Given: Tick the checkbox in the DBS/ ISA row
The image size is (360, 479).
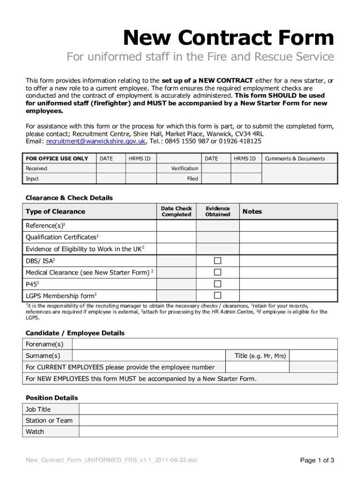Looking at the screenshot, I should [x=217, y=261].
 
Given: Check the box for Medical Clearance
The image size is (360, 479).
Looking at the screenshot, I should [x=217, y=272].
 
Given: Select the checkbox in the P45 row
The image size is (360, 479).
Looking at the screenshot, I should [x=217, y=283].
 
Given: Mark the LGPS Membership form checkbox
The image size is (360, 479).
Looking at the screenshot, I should [x=217, y=295].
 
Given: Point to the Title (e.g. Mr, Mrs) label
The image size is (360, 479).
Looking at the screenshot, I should [x=260, y=356].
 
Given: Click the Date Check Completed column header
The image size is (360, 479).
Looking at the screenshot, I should [x=176, y=211].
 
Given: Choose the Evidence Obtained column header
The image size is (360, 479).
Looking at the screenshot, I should [x=218, y=211].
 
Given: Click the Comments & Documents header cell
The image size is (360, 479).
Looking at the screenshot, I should [x=295, y=159].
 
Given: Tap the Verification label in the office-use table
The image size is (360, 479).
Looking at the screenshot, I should [x=184, y=168].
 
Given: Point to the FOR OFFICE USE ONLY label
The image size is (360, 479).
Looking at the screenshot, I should [x=57, y=159].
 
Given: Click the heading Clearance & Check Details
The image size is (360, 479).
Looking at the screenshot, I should [x=69, y=198].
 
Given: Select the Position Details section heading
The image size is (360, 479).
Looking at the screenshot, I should [x=52, y=398].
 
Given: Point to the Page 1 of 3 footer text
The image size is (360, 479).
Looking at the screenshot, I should [x=317, y=460].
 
